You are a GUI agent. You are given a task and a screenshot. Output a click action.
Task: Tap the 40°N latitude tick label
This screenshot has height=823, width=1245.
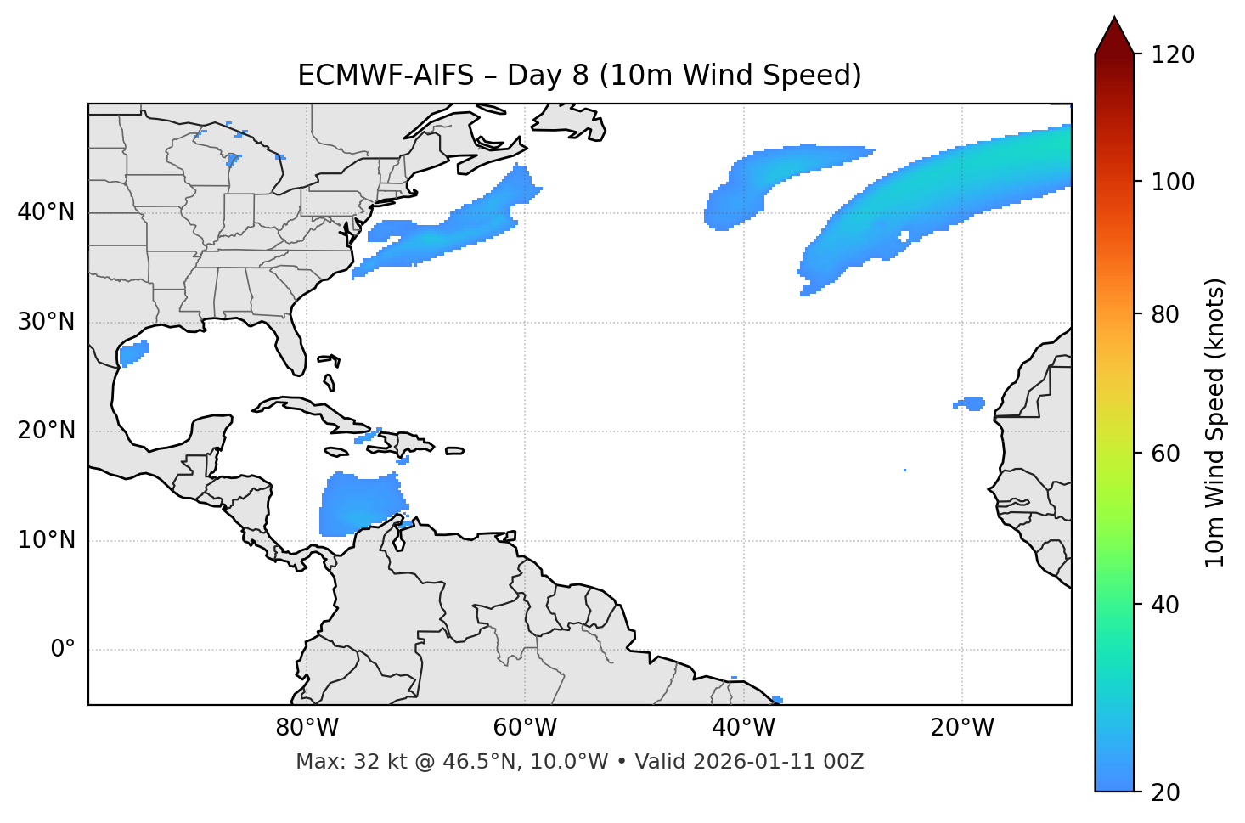[46, 212]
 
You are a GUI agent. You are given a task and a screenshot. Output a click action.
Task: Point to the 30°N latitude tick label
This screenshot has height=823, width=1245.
[46, 322]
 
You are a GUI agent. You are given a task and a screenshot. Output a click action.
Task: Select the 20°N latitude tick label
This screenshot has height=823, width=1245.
[46, 431]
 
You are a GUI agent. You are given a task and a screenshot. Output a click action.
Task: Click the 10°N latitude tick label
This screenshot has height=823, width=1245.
[46, 540]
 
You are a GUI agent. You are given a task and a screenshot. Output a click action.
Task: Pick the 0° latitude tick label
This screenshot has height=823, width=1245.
[62, 650]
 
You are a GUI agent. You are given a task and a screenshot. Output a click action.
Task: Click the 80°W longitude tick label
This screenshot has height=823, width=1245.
[307, 728]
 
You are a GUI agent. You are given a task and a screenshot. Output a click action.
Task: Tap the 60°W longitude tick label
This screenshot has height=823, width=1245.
[525, 728]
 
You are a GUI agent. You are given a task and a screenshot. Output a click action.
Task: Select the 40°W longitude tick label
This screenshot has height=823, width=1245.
[743, 728]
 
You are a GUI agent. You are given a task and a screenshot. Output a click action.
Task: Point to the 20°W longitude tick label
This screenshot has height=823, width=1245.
[961, 728]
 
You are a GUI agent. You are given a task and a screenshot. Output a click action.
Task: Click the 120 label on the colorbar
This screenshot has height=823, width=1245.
[1173, 55]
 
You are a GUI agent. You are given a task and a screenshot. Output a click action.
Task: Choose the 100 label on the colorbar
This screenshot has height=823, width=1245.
[1173, 182]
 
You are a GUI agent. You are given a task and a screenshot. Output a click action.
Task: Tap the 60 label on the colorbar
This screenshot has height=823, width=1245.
[1166, 454]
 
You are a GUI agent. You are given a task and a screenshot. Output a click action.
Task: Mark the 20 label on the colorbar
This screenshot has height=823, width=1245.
[1166, 792]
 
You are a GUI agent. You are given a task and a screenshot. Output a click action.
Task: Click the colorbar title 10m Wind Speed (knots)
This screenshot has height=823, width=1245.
[1215, 422]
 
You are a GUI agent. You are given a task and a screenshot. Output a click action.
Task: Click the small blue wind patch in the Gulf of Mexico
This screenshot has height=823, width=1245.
[133, 352]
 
